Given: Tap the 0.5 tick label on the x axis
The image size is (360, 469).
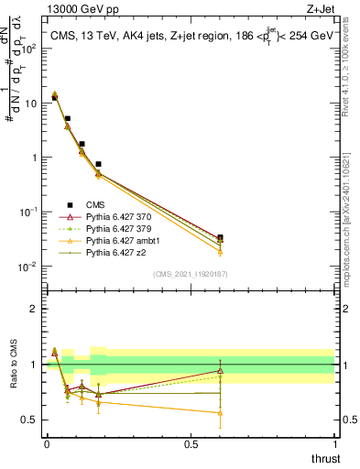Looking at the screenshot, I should [191, 442].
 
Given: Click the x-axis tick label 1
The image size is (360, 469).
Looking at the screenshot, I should [334, 442].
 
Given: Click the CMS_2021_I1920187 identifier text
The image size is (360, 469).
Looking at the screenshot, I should [191, 274].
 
